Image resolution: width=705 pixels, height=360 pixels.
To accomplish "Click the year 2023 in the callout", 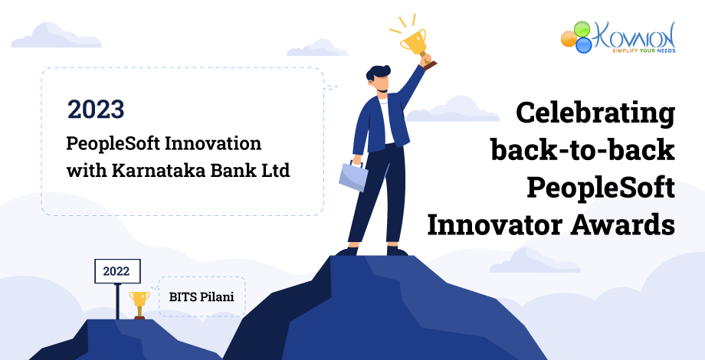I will (x=96, y=110).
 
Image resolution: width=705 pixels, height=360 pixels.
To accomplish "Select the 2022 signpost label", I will (x=117, y=271).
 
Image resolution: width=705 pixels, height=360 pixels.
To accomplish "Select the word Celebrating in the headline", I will (x=595, y=113).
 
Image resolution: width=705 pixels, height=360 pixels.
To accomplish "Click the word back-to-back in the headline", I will (x=582, y=150).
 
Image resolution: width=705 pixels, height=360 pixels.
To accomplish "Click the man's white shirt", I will (x=387, y=123).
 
